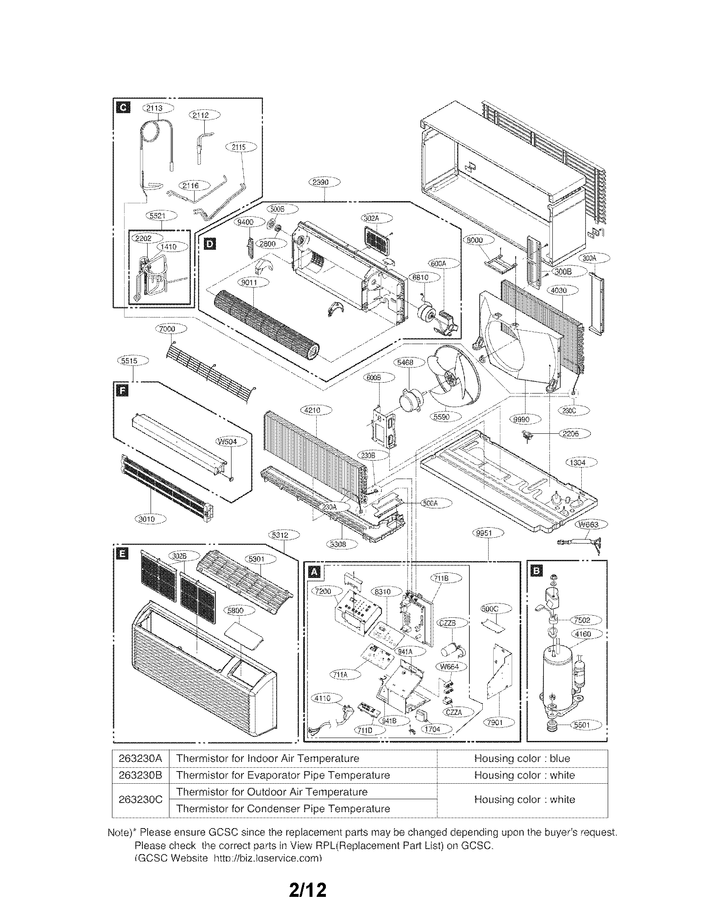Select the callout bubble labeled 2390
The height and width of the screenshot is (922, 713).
[324, 182]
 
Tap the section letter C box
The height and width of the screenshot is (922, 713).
[123, 108]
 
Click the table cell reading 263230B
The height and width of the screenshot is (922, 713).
[140, 775]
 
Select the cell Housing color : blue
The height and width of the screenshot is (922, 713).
[522, 758]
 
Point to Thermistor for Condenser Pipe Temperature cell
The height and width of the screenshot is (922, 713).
[283, 808]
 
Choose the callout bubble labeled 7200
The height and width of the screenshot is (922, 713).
[323, 591]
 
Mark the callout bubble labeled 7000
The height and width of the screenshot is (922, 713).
[171, 329]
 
